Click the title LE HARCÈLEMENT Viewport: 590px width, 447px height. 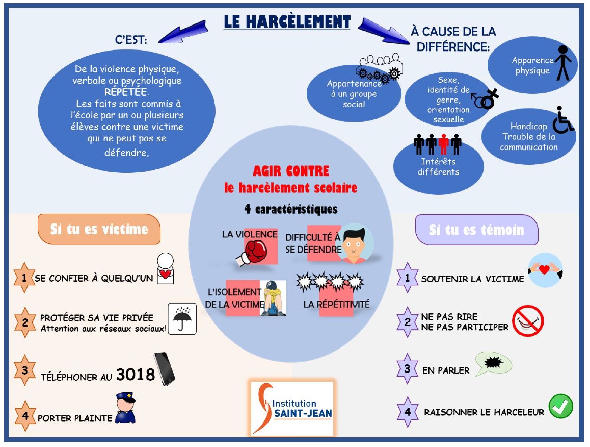pos(287,22)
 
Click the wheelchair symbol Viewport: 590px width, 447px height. pos(563,120)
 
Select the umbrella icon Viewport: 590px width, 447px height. pos(182,318)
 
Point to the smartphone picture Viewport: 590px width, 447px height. pos(165,369)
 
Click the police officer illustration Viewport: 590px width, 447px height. pos(125,408)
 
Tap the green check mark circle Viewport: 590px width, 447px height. pos(560,406)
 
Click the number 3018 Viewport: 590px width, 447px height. pos(136,375)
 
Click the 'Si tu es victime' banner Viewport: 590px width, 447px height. pos(99,229)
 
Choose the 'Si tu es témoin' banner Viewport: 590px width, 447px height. pos(476,230)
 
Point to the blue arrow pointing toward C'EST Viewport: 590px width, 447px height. pos(183,32)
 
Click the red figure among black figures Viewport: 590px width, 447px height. pos(444,144)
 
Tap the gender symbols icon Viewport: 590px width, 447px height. pos(486,99)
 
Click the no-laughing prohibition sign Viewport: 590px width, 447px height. pos(528,321)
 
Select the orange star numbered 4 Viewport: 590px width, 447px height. pos(25,416)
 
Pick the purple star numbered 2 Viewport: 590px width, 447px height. pos(408,322)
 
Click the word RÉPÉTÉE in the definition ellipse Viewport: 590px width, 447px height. pos(126,92)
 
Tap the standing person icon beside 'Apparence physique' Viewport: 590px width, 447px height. pos(563,63)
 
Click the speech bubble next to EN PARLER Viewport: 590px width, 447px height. pos(493,364)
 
